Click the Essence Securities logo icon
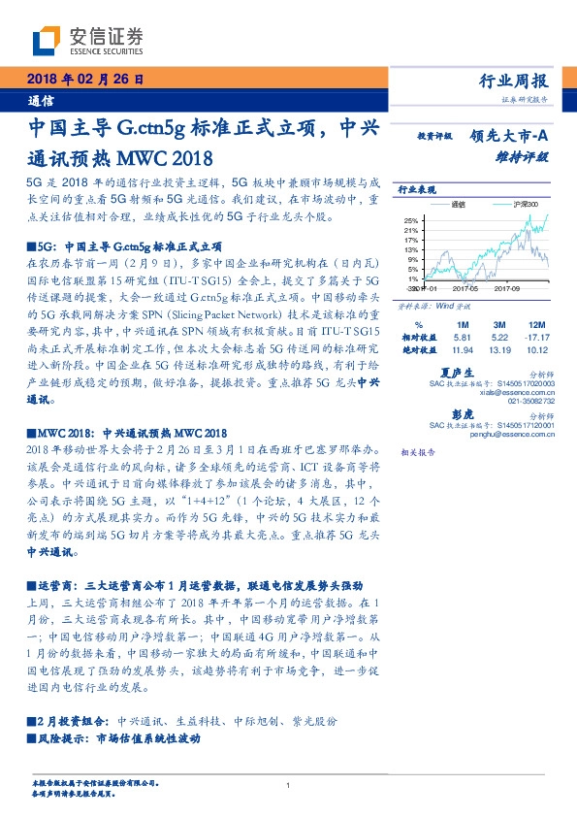pos(47,40)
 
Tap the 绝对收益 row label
pos(419,348)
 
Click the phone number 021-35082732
pos(530,400)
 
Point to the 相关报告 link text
pos(418,453)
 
